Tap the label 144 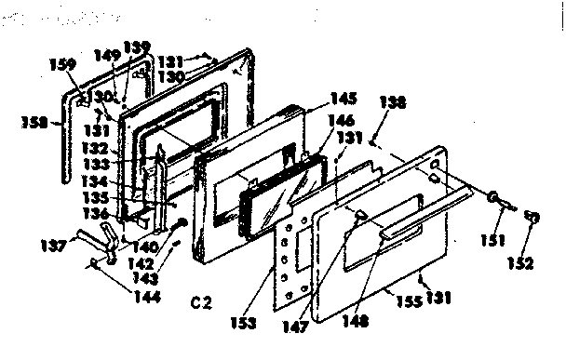(x=121, y=298)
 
